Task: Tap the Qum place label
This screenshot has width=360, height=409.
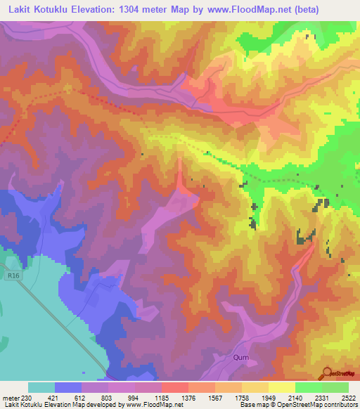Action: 240,358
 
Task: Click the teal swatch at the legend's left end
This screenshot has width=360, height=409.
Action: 41,387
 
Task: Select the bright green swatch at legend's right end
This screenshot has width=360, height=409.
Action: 335,387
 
